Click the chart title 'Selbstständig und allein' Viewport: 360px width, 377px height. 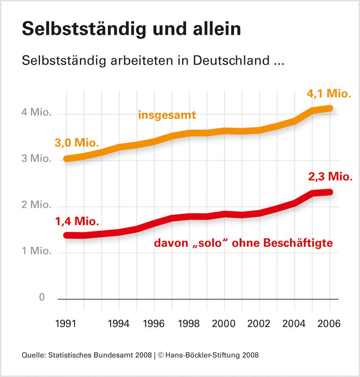coord(131,29)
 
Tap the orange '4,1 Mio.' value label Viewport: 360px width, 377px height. coord(329,94)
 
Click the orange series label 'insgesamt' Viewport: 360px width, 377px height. coord(166,115)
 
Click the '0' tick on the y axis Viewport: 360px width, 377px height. coord(42,298)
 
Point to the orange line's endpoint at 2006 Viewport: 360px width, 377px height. coord(330,108)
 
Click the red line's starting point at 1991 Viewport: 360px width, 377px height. coord(67,235)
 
